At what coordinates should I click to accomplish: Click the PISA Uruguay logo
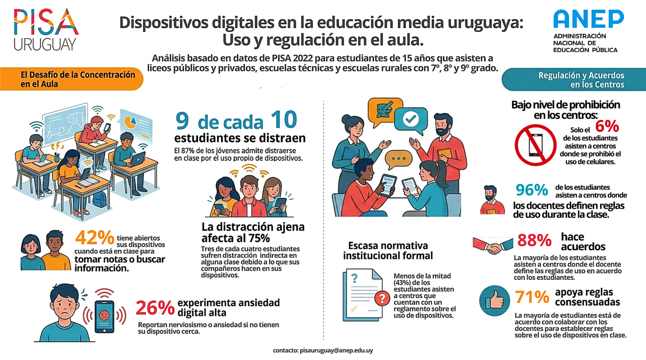[46, 30]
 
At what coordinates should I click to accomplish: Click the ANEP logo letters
[588, 19]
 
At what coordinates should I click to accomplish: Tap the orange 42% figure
[95, 237]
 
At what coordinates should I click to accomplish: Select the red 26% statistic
[155, 308]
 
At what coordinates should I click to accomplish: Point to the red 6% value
[607, 126]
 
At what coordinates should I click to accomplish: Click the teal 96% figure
[532, 190]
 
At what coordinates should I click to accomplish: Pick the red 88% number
[535, 240]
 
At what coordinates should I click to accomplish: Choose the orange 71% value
[532, 297]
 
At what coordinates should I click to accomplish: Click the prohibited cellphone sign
[536, 145]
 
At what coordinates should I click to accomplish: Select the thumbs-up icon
[495, 301]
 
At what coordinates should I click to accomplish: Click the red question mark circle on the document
[382, 298]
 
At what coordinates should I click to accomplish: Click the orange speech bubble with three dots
[398, 159]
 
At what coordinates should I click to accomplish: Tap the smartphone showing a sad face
[104, 316]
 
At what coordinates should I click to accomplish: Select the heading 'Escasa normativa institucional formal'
[388, 250]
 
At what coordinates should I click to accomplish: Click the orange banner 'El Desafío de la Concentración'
[72, 79]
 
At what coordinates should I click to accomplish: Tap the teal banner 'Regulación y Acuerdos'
[574, 80]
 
